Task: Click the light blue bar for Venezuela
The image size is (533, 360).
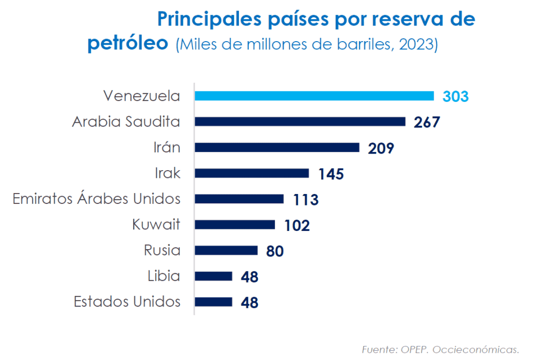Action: pos(314,96)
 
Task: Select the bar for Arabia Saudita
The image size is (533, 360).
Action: pos(300,122)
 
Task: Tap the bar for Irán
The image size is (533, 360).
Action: pos(277,147)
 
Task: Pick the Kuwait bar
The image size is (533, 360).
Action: pos(235,225)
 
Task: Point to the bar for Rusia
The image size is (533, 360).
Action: pos(226,251)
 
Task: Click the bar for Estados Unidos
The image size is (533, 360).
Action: pos(213,302)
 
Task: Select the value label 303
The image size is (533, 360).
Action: pos(455,97)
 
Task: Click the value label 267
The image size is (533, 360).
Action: pos(427,122)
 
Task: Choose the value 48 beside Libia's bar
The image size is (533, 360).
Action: pos(249,277)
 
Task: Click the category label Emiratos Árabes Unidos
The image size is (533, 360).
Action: pos(96,199)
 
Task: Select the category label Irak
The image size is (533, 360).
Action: pos(168,173)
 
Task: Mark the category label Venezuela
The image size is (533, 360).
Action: pos(142,96)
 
